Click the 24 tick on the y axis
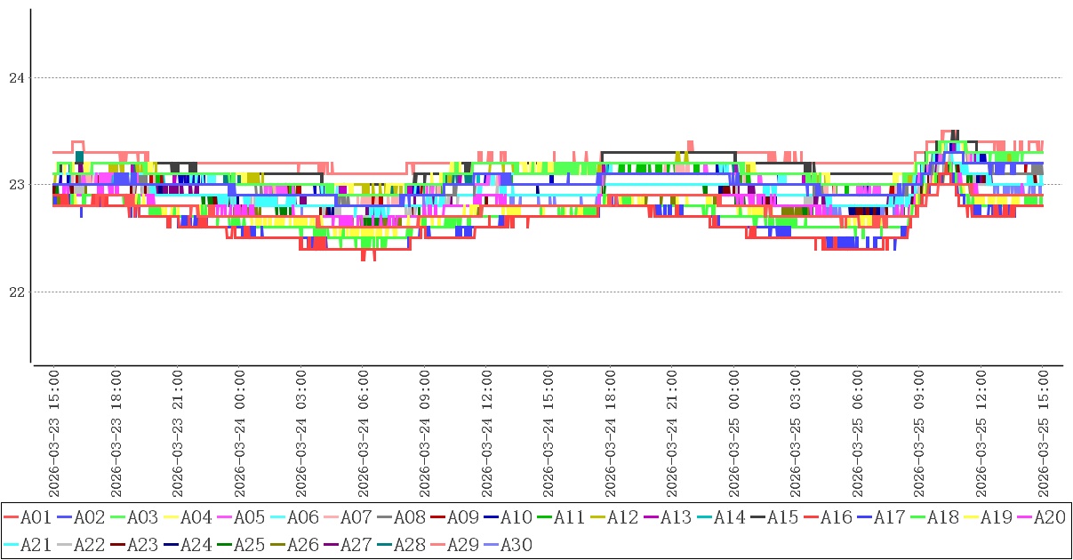(x=15, y=78)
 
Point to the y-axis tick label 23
(x=15, y=185)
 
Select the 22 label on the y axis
(x=15, y=292)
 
